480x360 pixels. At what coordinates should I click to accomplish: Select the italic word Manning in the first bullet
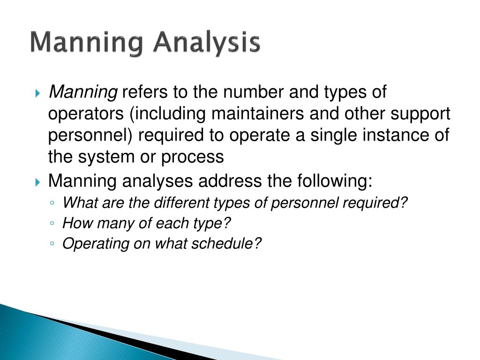(x=83, y=93)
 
